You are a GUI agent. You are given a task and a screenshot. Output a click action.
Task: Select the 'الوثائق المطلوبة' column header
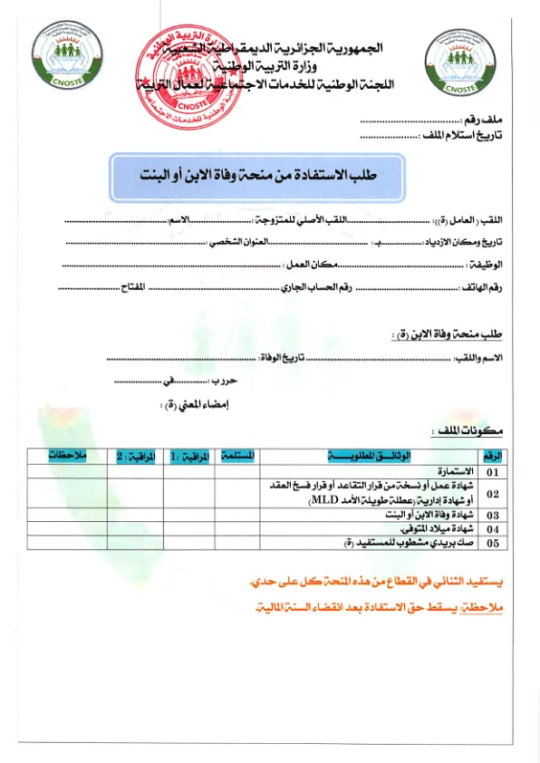pos(371,454)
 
